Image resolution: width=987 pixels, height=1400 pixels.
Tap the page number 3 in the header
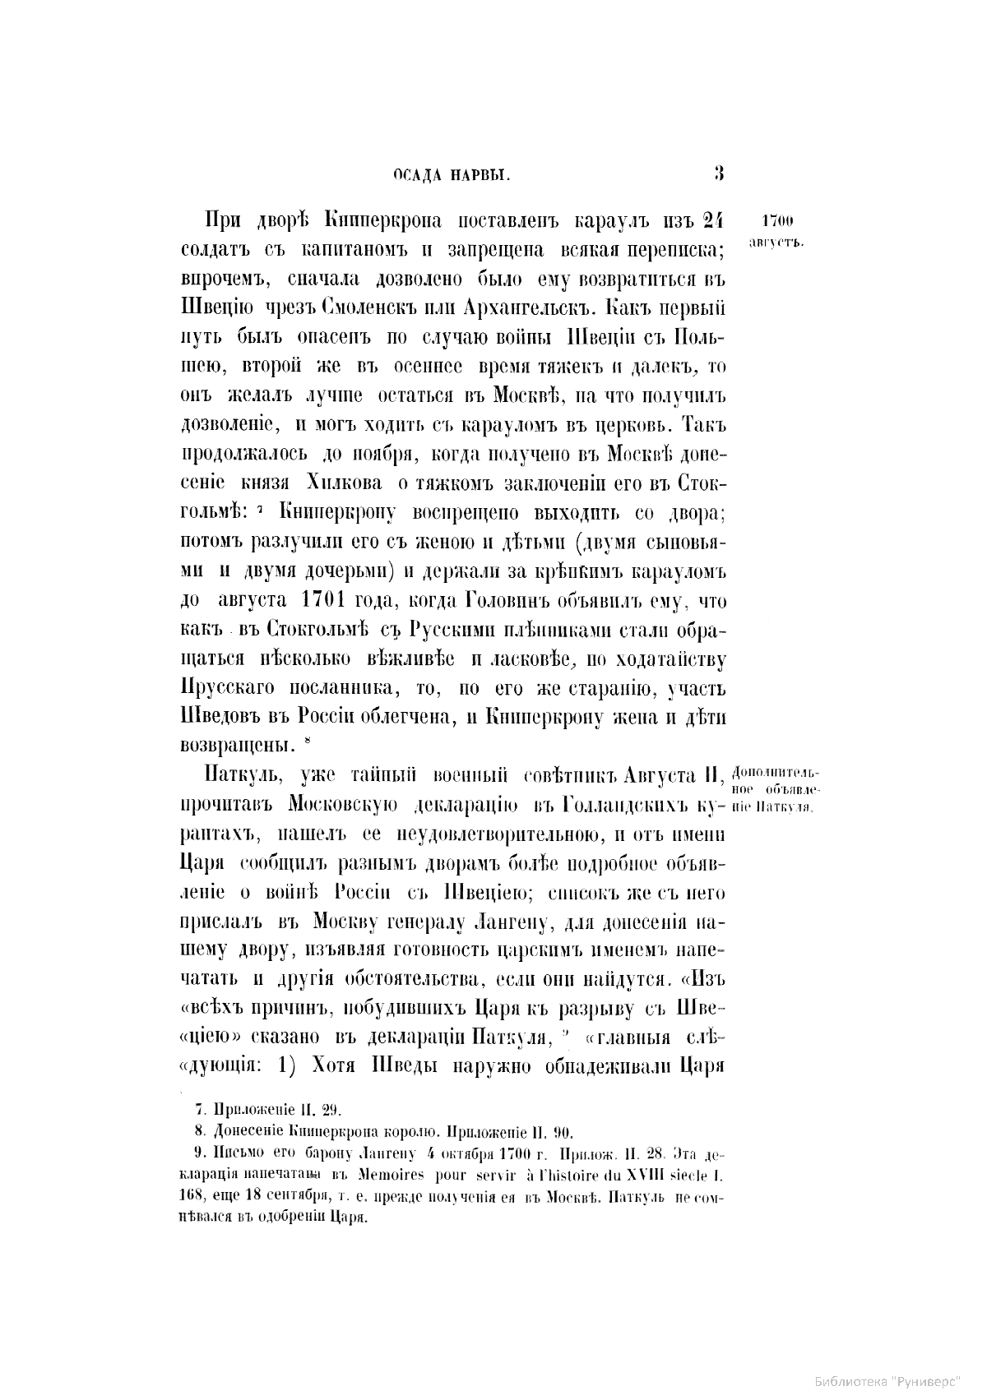[718, 173]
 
